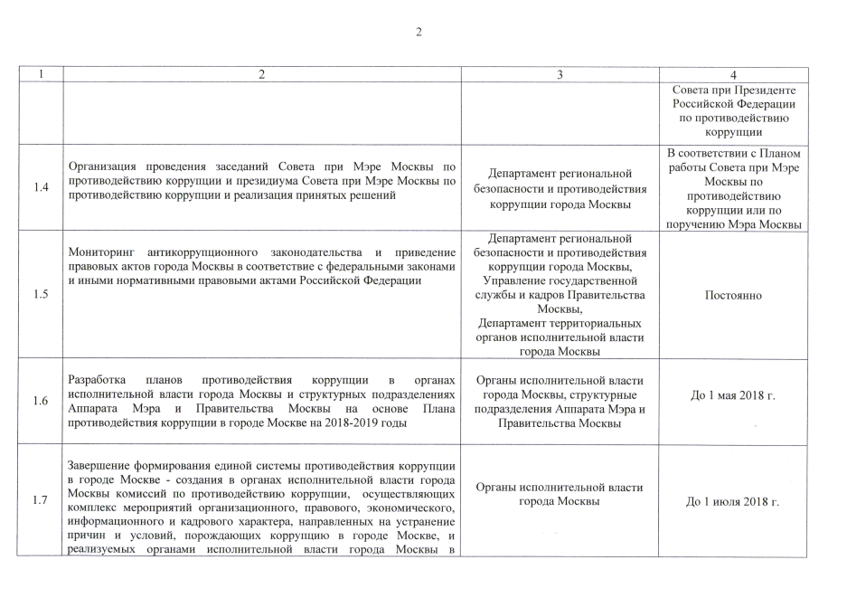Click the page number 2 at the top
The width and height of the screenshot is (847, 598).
coord(419,33)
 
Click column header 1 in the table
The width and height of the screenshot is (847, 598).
coord(41,74)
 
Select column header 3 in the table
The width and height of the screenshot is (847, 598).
coord(560,74)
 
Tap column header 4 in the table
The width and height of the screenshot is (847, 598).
coord(733,74)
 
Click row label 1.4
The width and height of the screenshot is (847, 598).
coord(41,187)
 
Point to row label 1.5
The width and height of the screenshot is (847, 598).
coord(41,295)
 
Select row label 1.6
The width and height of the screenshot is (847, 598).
coord(41,401)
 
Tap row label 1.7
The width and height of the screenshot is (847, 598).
coord(41,499)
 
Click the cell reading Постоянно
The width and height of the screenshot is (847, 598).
coord(733,295)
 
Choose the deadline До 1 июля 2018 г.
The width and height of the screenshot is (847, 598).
coord(733,500)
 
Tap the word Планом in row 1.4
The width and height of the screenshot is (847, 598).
coord(777,153)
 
